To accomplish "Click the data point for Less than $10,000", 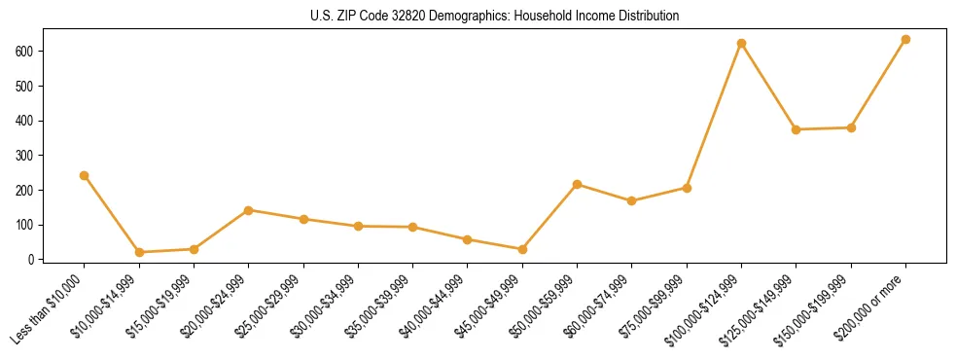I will click(x=84, y=176).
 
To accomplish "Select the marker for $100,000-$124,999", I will click(x=741, y=44).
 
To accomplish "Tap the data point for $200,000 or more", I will click(x=905, y=40).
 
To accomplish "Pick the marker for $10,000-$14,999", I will click(x=139, y=252).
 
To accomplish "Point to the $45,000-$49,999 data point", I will click(x=522, y=249).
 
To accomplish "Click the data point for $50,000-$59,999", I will click(x=577, y=184).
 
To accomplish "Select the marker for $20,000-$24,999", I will click(x=248, y=210).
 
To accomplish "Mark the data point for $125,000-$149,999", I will click(x=796, y=129).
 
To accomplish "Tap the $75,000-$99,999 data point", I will click(x=687, y=188).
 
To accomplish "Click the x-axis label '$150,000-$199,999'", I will click(x=818, y=308).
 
